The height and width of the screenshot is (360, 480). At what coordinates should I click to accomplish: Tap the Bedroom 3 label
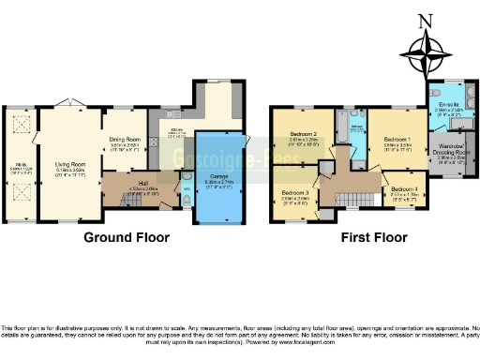pos(294,194)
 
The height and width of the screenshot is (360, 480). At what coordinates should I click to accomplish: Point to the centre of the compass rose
pos(427,52)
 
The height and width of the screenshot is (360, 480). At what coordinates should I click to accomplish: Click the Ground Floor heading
pos(127,237)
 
